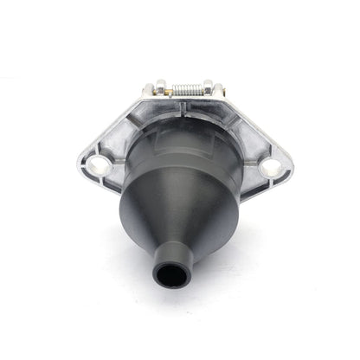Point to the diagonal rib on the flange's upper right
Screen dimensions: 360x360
click(x=247, y=121)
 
